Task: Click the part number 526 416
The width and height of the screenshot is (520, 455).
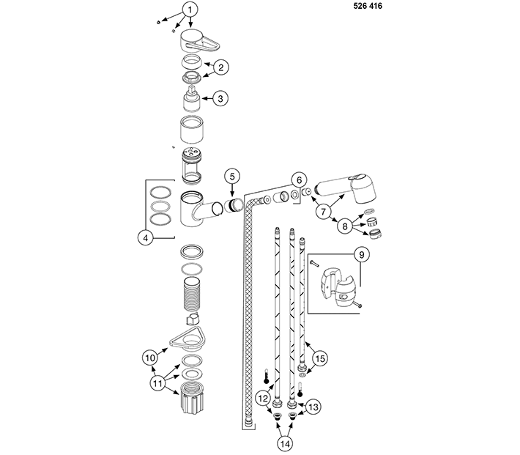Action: tap(368, 6)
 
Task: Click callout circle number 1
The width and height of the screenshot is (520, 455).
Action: tap(190, 10)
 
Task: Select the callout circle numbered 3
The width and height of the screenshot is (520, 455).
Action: tap(220, 99)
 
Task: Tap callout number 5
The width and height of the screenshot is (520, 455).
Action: tap(232, 177)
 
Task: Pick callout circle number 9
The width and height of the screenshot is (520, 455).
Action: tap(362, 254)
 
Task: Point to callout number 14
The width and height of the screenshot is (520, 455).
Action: tap(285, 443)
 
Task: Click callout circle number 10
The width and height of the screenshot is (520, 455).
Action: tap(150, 358)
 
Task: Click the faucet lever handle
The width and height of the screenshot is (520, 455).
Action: tap(200, 41)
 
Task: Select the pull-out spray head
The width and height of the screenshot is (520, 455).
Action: tap(346, 188)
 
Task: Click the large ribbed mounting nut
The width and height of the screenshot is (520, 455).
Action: tap(192, 397)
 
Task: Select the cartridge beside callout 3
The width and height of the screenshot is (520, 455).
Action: tap(192, 99)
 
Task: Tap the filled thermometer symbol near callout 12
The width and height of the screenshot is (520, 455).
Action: tap(267, 376)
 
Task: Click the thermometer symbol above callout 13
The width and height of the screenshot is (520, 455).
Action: tap(300, 389)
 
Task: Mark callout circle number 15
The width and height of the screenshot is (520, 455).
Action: tap(320, 359)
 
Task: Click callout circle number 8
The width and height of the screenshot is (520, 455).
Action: tap(345, 226)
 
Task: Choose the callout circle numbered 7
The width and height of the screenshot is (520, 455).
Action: tap(324, 212)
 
